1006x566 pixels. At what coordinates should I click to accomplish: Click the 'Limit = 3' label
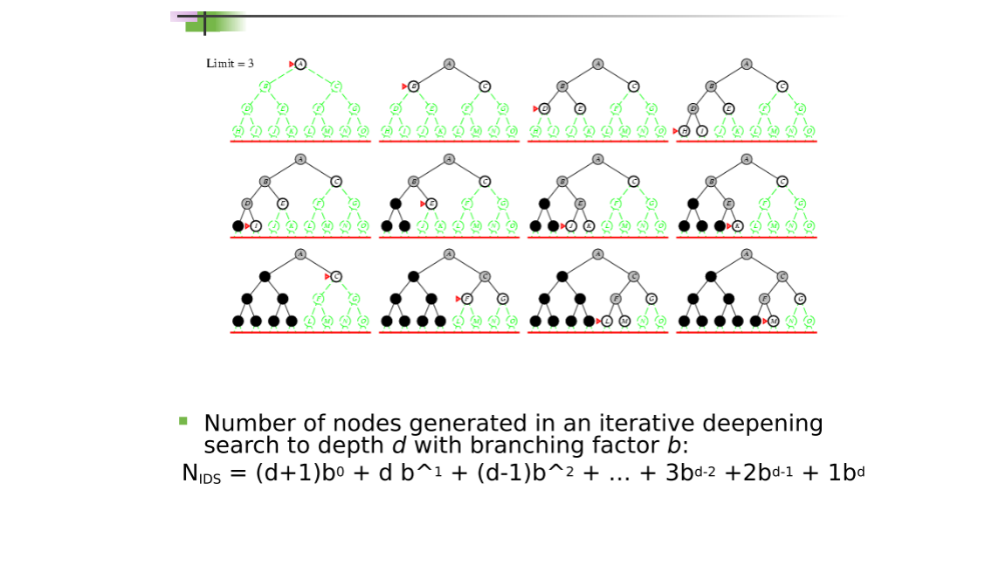tap(230, 64)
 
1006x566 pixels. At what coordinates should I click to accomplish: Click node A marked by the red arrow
tap(300, 64)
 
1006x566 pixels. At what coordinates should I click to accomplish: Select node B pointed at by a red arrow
tap(414, 86)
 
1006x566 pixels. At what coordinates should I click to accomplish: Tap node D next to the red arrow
tap(545, 109)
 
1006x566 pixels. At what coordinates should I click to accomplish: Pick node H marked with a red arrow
tap(685, 131)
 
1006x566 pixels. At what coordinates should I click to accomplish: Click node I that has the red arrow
tap(256, 226)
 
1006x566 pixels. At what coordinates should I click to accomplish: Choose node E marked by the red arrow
tap(431, 204)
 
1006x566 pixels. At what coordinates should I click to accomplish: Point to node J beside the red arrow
tap(571, 226)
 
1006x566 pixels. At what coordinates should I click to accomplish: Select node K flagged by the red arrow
tap(738, 226)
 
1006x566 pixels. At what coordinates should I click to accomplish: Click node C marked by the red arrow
tap(336, 276)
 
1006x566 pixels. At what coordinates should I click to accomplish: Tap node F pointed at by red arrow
tap(467, 299)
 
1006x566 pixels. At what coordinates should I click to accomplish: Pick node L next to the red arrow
tap(607, 321)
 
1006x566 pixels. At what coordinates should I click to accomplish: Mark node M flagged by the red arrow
tap(774, 321)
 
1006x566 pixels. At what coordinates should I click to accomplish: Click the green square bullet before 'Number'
tap(183, 421)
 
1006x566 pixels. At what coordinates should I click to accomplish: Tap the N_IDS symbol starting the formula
tap(201, 474)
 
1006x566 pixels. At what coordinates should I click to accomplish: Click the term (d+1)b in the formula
tap(289, 473)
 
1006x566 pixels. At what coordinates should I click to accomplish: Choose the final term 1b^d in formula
tap(845, 473)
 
